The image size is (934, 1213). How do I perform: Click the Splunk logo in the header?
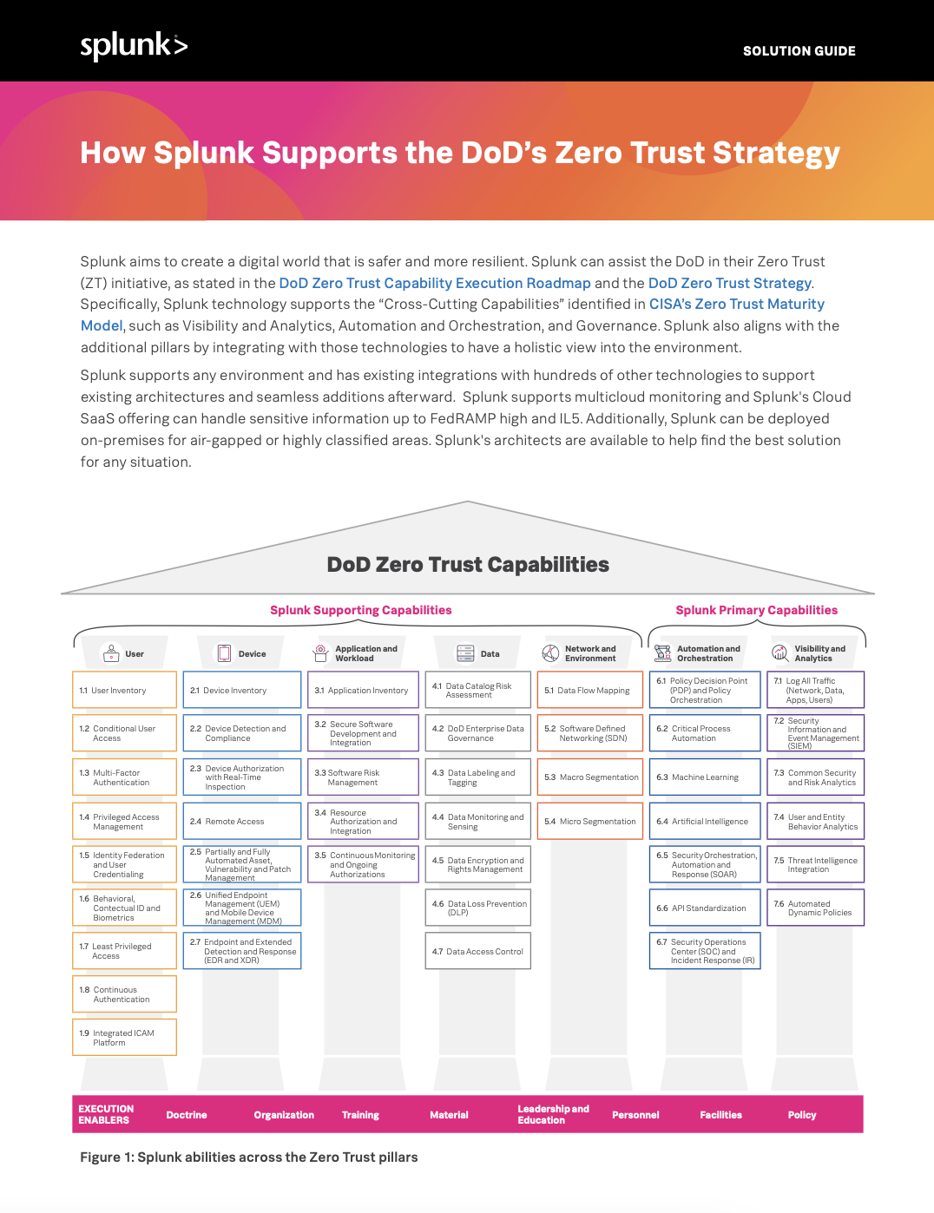point(134,46)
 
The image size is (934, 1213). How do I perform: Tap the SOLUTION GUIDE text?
point(799,51)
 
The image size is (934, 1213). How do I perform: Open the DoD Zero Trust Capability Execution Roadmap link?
point(434,283)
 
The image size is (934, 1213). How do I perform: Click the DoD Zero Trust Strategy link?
point(729,283)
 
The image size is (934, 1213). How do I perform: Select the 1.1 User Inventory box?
point(124,691)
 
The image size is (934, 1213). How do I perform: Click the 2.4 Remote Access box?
point(242,822)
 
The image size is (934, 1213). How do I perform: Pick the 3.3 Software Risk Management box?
point(363,777)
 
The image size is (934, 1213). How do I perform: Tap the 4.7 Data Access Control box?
point(478,952)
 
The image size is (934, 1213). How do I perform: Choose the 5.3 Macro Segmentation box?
point(590,777)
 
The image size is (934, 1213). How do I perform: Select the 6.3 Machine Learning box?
point(705,777)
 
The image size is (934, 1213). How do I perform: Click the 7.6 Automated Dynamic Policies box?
point(815,908)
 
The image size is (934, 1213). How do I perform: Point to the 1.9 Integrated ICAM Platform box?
point(124,1038)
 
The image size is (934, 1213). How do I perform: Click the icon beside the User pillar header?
point(111,652)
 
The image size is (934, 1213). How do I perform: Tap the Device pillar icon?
point(224,653)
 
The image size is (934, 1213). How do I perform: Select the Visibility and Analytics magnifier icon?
point(780,653)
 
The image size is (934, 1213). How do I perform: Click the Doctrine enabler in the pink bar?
point(187,1115)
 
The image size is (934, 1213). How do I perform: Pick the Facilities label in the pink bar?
point(720,1115)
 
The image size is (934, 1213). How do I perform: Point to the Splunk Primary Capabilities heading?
point(756,610)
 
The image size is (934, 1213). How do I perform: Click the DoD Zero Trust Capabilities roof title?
point(468,565)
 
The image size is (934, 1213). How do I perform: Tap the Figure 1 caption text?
point(249,1157)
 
